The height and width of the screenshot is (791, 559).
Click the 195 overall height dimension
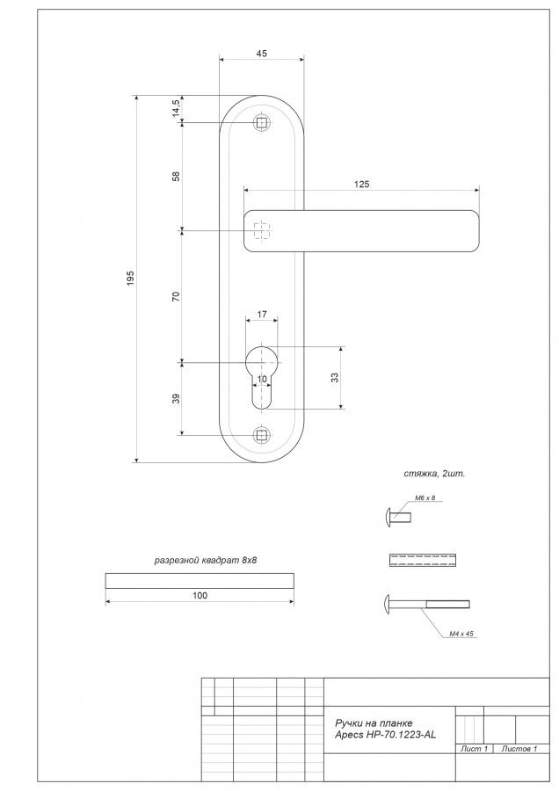[x=131, y=279]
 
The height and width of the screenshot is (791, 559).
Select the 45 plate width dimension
[x=262, y=54]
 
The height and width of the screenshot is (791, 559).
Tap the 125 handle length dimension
[x=362, y=185]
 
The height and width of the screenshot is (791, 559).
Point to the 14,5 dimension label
[x=176, y=108]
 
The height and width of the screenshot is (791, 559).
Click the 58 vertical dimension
[x=176, y=177]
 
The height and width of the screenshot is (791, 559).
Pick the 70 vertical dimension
[x=176, y=297]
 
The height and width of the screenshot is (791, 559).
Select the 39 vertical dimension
[x=176, y=398]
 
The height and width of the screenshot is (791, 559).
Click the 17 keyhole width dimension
[x=262, y=315]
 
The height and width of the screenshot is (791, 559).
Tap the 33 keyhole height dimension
[x=335, y=377]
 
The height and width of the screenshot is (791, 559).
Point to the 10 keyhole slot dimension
[x=262, y=379]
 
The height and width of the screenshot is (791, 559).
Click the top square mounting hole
[x=261, y=122]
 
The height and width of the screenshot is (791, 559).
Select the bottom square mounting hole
[x=261, y=435]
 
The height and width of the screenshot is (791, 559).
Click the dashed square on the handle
[x=261, y=231]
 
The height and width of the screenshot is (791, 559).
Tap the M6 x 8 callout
[x=425, y=498]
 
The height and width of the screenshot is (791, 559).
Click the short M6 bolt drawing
[x=398, y=517]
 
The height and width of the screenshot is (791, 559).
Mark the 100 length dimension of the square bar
[x=200, y=596]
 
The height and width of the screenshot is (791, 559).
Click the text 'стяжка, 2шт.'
[x=434, y=474]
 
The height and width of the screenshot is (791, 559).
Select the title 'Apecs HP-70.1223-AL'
[x=385, y=735]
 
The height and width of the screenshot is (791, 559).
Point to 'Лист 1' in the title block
[x=474, y=749]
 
